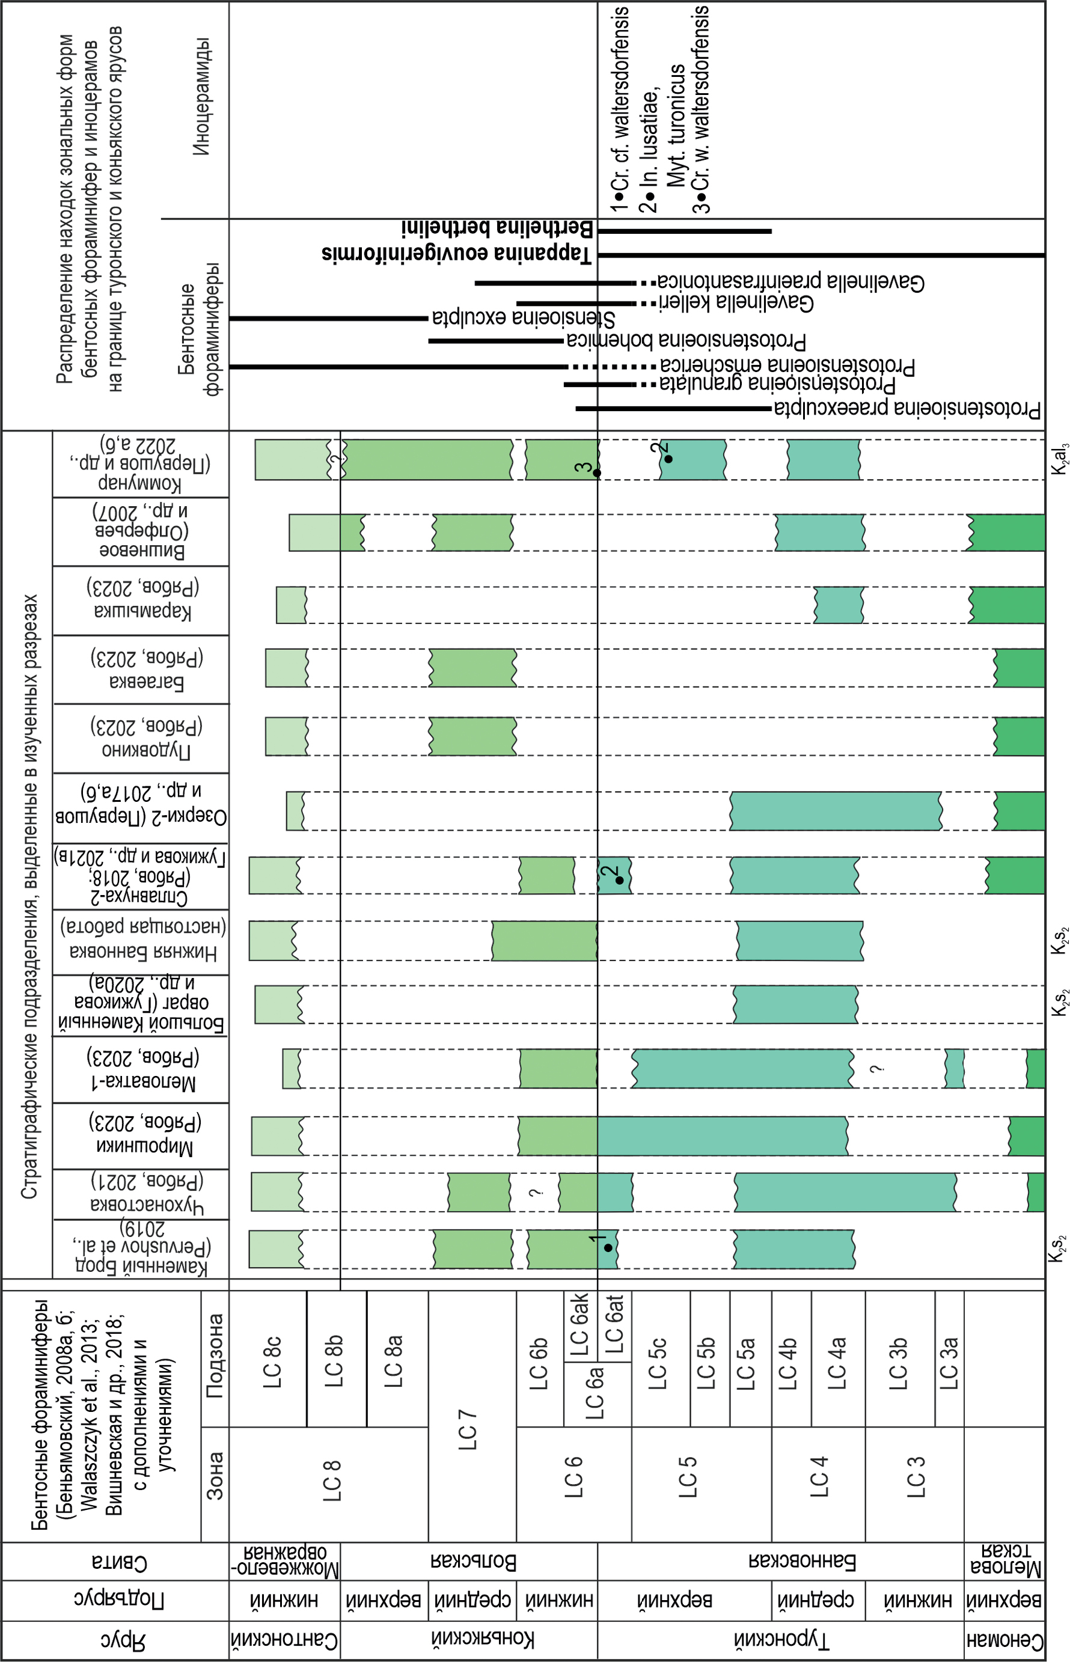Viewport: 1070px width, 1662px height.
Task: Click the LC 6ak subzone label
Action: click(x=580, y=1324)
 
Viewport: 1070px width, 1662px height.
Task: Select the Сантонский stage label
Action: click(x=284, y=1640)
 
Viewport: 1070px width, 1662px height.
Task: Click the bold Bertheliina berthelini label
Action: click(x=497, y=228)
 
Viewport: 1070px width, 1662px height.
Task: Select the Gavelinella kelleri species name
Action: click(x=736, y=303)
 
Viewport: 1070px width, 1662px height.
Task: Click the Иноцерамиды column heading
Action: click(x=201, y=97)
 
